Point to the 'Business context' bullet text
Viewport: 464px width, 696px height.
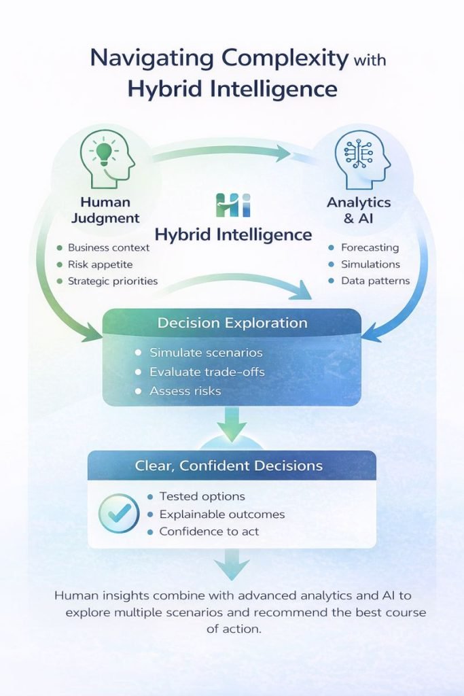tap(108, 247)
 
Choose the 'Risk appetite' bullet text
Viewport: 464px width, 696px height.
tap(100, 264)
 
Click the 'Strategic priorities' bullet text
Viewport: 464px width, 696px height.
tap(112, 281)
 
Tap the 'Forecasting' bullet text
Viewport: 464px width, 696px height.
tap(370, 247)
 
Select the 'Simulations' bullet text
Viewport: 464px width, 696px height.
tap(370, 264)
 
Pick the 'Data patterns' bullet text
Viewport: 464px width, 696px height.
tap(375, 281)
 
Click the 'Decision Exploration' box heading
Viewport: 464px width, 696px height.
tap(232, 323)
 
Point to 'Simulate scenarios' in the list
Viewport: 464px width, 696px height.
tap(206, 353)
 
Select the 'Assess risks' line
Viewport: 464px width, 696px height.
tap(185, 391)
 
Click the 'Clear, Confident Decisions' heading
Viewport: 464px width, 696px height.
tap(232, 466)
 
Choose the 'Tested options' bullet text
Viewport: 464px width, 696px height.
tap(202, 496)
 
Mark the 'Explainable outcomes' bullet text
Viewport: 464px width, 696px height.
tap(221, 514)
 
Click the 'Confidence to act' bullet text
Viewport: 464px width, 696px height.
tap(209, 532)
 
